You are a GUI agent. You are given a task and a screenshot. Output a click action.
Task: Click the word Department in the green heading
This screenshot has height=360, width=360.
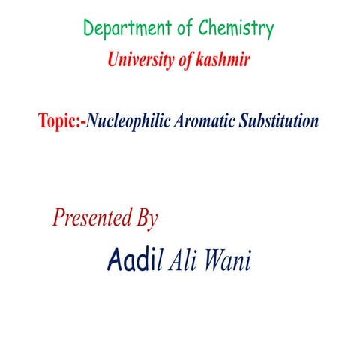pyautogui.click(x=127, y=29)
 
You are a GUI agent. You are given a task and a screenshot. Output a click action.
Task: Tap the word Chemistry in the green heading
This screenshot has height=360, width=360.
pyautogui.click(x=235, y=29)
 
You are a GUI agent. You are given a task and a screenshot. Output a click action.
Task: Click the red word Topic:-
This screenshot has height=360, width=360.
pyautogui.click(x=61, y=121)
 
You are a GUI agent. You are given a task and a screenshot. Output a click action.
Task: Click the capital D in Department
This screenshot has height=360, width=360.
pyautogui.click(x=89, y=29)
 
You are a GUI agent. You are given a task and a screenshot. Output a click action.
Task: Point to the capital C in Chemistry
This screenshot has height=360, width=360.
pyautogui.click(x=204, y=29)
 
